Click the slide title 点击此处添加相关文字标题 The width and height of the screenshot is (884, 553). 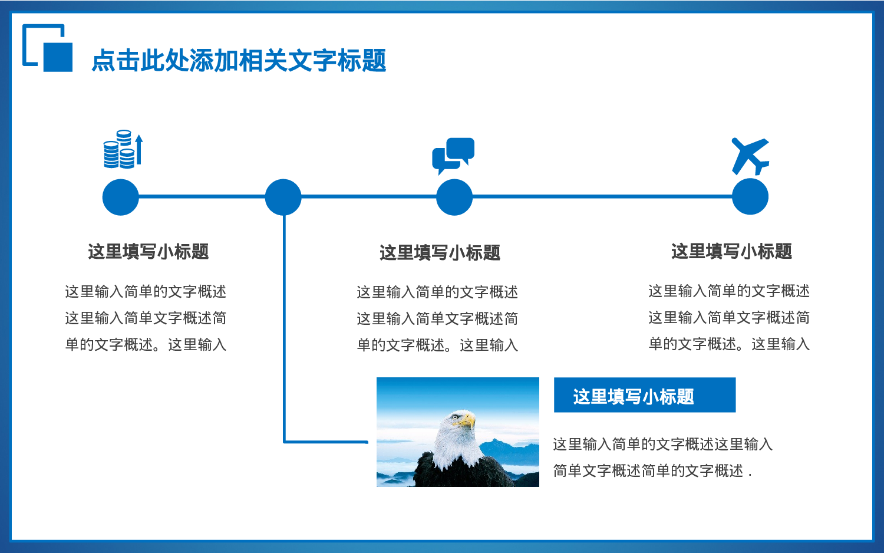[239, 61]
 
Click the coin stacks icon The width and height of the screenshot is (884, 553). [120, 150]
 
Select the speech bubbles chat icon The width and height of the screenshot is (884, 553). [453, 154]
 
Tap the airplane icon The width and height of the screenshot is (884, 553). [750, 156]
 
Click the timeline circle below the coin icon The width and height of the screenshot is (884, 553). [120, 197]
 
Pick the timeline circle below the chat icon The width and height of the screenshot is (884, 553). [454, 197]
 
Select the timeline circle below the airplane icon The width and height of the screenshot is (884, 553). [750, 197]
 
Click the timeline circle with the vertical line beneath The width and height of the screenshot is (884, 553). [283, 197]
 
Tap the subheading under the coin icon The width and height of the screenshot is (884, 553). [149, 252]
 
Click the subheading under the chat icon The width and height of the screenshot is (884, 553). [440, 253]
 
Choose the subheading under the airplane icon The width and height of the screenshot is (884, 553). [731, 252]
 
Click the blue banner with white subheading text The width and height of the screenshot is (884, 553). [645, 395]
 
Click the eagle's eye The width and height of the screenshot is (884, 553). [455, 417]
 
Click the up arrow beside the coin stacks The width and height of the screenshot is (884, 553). [139, 150]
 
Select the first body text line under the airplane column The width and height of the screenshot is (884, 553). [729, 291]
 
